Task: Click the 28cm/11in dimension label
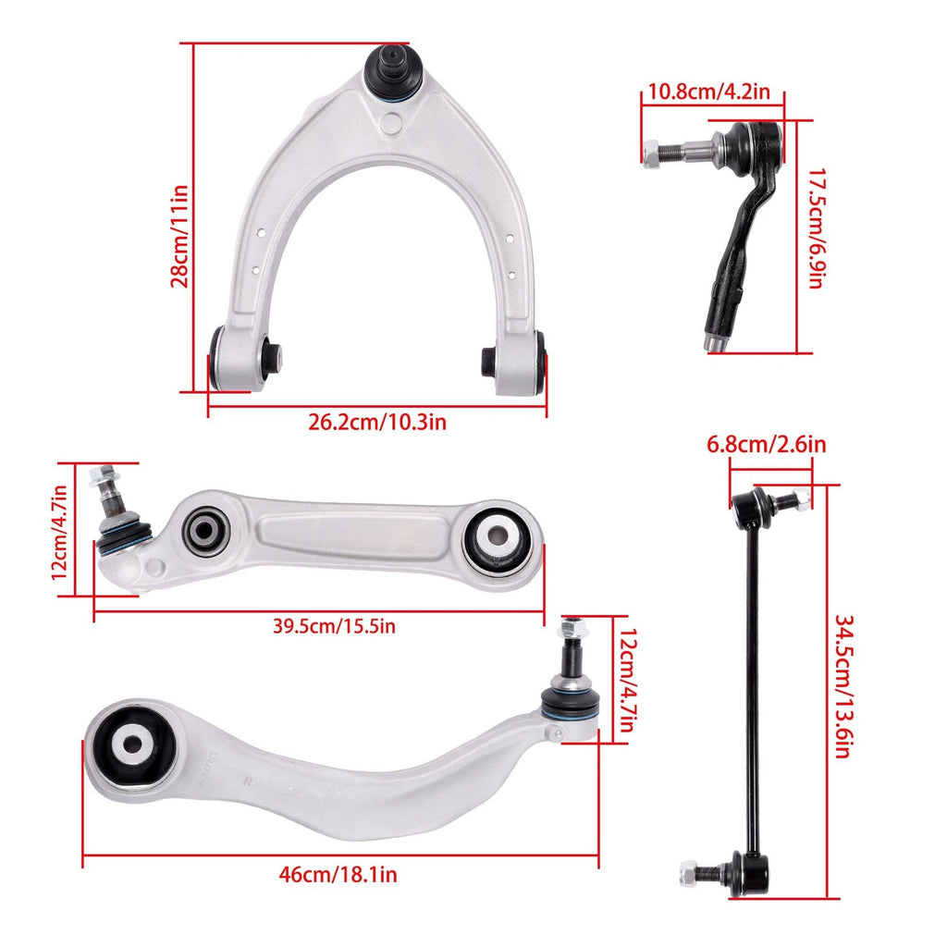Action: (x=179, y=236)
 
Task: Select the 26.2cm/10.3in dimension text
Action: (x=377, y=422)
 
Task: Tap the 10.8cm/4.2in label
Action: (x=709, y=92)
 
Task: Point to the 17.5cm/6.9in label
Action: (x=817, y=228)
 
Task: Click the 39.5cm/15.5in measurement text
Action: (x=334, y=626)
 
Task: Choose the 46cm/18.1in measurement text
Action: (x=338, y=874)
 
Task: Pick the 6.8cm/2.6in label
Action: (x=767, y=445)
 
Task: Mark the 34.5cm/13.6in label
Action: (x=843, y=686)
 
